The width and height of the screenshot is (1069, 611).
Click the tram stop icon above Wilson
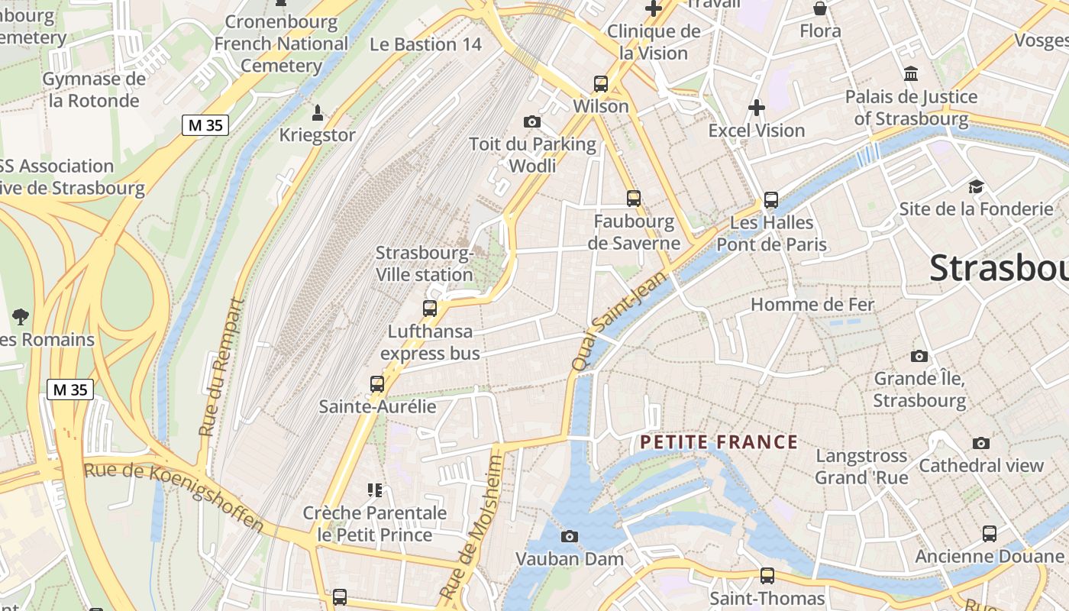601,84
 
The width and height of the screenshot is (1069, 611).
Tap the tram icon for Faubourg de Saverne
633,199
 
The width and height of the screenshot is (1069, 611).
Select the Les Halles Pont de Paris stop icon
771,200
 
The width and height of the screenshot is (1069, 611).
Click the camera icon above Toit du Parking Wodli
532,121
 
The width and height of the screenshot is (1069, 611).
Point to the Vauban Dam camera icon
570,536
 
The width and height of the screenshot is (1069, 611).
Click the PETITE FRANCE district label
719,442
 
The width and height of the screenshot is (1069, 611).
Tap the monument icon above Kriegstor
318,113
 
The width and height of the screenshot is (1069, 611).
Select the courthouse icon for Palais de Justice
910,74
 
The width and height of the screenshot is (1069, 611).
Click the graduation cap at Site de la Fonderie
976,186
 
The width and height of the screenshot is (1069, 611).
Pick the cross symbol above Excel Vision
757,108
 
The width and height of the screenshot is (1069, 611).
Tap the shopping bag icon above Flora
820,9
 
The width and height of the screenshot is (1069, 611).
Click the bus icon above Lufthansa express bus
430,309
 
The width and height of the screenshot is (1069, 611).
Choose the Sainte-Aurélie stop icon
377,383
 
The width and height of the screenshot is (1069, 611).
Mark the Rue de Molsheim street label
471,527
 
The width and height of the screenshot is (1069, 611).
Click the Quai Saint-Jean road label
609,324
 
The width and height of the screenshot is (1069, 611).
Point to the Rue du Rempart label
223,367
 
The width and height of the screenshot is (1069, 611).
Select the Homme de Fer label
812,304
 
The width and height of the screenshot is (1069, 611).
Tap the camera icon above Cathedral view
981,443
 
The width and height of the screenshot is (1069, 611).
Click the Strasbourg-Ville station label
425,263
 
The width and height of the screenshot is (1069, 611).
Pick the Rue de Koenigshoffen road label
174,496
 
